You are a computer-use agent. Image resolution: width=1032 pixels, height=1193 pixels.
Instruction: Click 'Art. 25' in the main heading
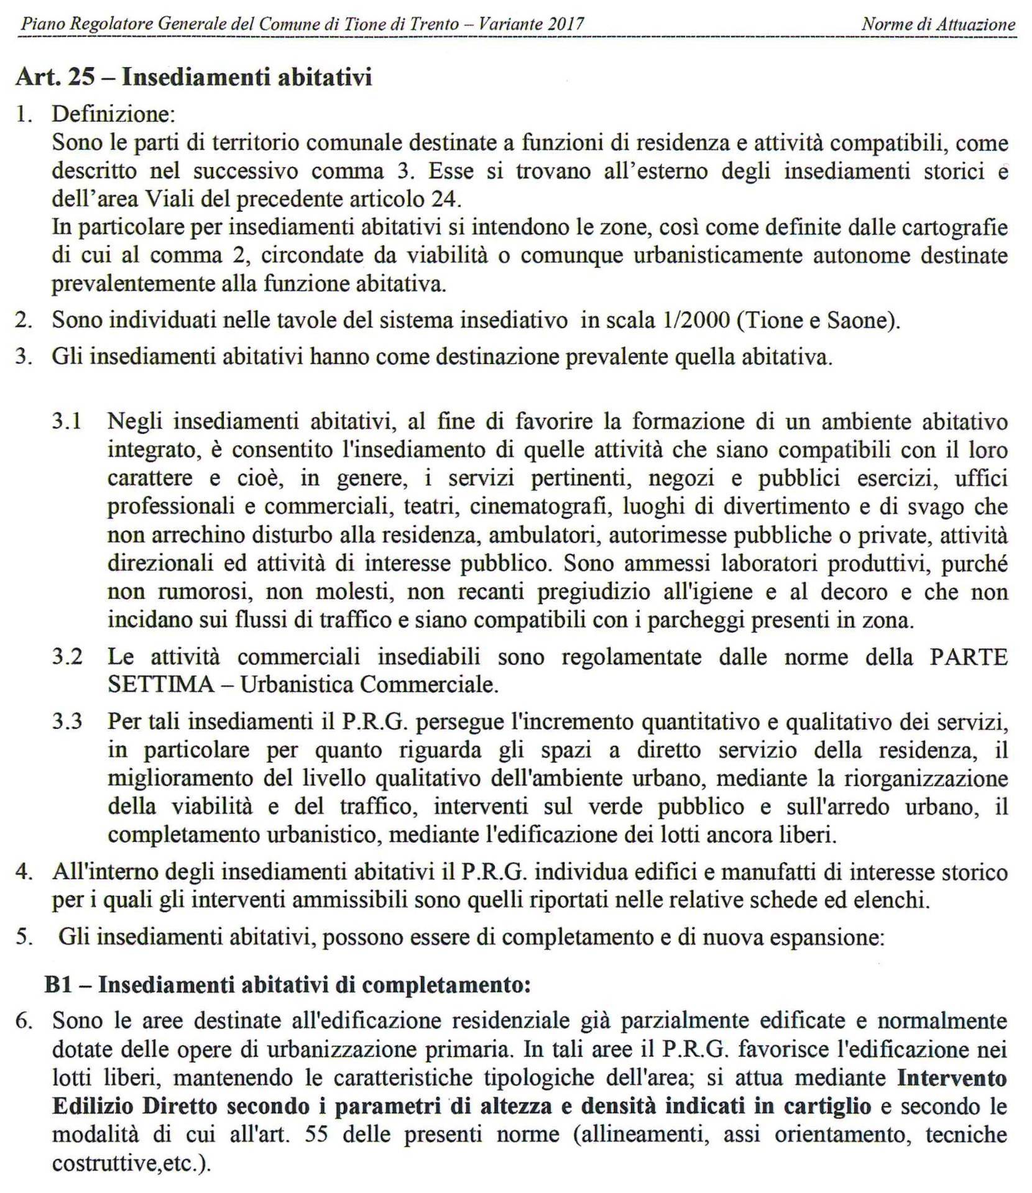point(55,77)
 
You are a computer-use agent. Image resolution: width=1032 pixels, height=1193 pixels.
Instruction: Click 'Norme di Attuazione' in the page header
point(938,24)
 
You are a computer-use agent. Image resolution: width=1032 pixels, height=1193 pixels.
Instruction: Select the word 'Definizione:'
point(114,114)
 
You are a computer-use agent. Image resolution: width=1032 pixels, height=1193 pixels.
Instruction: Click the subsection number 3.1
point(67,421)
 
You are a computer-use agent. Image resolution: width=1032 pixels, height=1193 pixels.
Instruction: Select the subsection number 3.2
point(67,657)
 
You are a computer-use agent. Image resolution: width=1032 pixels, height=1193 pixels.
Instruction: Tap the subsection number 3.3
point(67,721)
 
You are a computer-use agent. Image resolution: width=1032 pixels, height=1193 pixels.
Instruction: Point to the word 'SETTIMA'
point(160,685)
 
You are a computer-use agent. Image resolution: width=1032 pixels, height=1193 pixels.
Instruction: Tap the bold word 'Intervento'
point(952,1077)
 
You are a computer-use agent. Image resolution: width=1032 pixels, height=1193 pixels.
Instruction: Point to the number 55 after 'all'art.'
point(318,1135)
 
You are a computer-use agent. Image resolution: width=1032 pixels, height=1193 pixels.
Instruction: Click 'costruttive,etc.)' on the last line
point(131,1163)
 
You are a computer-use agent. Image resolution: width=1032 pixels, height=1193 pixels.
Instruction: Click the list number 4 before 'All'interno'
point(24,872)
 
